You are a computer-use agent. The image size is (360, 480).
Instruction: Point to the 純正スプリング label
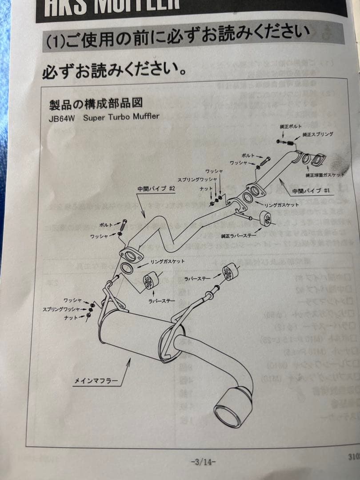point(318,134)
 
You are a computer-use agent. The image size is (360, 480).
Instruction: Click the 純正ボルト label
point(291,127)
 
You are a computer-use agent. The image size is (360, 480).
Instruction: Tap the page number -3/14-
point(203,461)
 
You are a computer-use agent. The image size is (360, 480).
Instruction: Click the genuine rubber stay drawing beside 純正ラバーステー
point(265,219)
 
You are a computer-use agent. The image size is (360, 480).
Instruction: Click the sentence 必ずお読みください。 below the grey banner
point(114,70)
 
